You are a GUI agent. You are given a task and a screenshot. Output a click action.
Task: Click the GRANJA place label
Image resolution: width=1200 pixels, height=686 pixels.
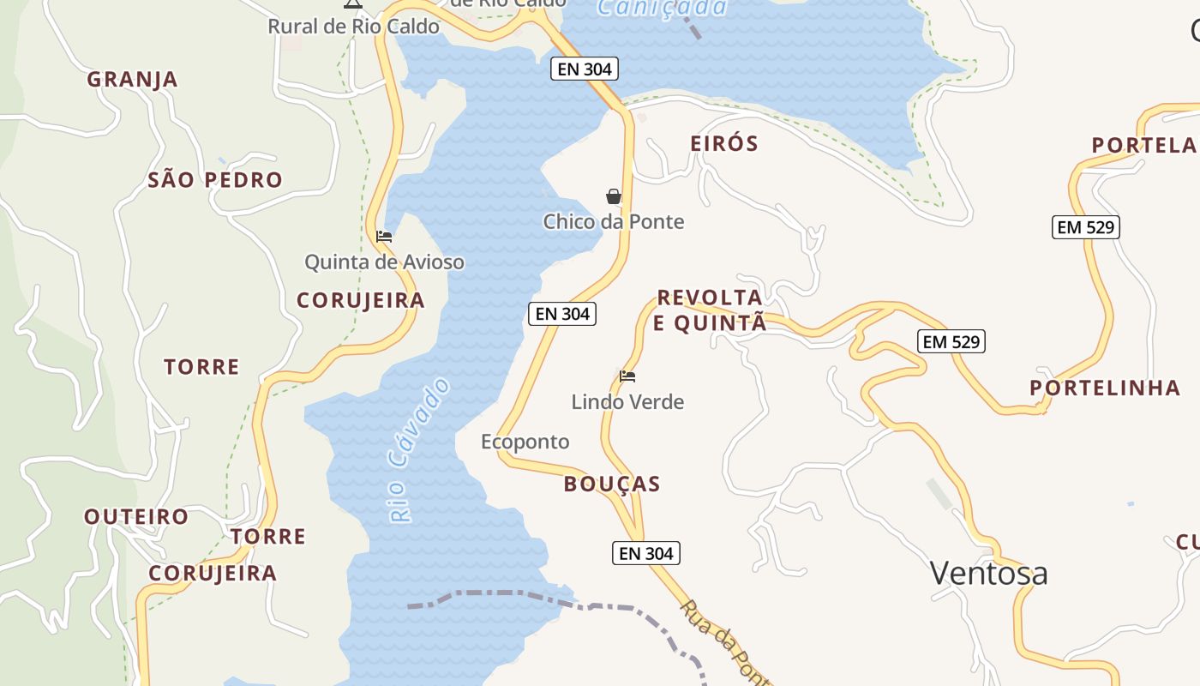click(x=132, y=80)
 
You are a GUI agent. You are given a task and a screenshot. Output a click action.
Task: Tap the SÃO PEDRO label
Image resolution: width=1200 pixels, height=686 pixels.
click(x=215, y=180)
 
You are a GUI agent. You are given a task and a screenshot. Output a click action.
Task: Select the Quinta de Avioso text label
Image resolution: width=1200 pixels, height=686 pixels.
click(x=384, y=262)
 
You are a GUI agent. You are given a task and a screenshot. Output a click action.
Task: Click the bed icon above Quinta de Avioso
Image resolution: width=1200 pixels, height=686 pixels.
click(x=384, y=236)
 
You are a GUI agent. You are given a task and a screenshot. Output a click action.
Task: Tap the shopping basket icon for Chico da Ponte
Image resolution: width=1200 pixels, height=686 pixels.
click(x=614, y=196)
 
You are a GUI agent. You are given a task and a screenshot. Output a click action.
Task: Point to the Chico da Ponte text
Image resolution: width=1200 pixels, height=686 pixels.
click(x=614, y=222)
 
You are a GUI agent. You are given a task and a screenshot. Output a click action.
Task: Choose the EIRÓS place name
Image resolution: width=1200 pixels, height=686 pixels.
click(x=724, y=143)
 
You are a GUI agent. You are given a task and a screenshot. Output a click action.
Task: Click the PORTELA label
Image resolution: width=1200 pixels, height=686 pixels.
click(x=1143, y=145)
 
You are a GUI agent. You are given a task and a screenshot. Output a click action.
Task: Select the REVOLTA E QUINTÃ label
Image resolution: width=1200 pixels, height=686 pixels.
click(x=710, y=310)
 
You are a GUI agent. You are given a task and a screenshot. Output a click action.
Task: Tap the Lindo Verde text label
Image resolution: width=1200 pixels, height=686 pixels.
click(x=627, y=401)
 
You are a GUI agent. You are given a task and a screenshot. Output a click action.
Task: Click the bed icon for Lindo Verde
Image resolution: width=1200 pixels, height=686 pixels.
click(x=627, y=376)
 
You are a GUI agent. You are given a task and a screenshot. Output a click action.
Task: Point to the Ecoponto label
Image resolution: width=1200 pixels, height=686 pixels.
click(x=525, y=442)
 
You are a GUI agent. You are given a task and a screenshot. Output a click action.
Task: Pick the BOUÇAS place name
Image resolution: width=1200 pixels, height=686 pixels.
click(x=612, y=484)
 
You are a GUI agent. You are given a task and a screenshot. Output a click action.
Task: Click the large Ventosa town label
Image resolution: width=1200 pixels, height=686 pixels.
click(x=988, y=573)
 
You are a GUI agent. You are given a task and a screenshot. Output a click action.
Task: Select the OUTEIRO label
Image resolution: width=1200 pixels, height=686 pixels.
click(x=136, y=517)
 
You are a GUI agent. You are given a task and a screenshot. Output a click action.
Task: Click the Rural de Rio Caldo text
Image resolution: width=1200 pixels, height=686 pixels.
click(x=353, y=27)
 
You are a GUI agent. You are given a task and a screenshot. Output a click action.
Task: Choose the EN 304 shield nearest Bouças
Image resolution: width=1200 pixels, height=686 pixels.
click(x=646, y=554)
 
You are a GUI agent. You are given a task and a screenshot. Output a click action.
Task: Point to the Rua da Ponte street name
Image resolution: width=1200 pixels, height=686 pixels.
click(x=724, y=643)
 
